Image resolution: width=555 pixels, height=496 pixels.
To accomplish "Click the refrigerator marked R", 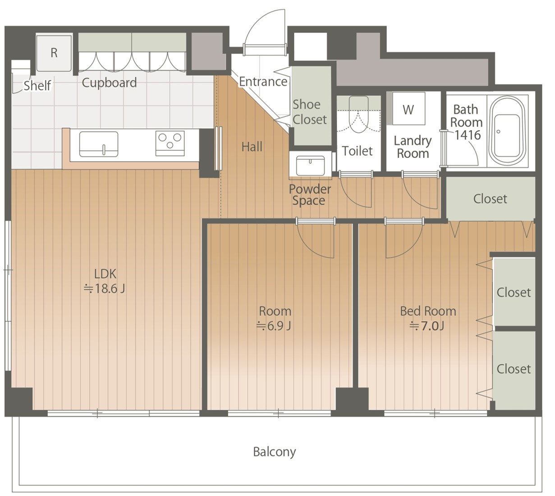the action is [54, 53].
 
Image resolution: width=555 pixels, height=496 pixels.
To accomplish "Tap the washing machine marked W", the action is [408, 108].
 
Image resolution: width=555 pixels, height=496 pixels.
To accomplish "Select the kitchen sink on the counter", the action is [99, 144].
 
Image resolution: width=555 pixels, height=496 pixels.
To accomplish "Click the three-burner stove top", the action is [170, 143].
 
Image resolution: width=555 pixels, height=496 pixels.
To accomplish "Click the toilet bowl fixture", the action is [358, 114].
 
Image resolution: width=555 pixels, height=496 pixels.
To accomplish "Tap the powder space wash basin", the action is [310, 166].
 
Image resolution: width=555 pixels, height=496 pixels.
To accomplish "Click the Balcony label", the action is [275, 452].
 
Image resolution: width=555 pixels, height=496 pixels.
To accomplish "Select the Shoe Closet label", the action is [310, 112].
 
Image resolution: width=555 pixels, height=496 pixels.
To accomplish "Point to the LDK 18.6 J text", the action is [105, 281].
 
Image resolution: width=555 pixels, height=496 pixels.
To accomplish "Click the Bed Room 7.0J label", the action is [428, 319].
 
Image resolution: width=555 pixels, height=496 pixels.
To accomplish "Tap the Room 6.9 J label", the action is [275, 319].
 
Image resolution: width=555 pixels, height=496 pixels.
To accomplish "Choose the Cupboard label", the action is [109, 82].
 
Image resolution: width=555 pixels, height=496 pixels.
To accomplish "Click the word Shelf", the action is [37, 86].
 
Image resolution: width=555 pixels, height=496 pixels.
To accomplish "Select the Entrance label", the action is [263, 81].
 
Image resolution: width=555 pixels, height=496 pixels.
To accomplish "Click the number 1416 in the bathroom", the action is [468, 135].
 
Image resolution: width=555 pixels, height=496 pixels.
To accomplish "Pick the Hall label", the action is [252, 147].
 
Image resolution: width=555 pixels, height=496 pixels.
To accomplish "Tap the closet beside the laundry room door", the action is [491, 198].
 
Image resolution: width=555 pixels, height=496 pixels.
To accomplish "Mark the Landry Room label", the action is [413, 147].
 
